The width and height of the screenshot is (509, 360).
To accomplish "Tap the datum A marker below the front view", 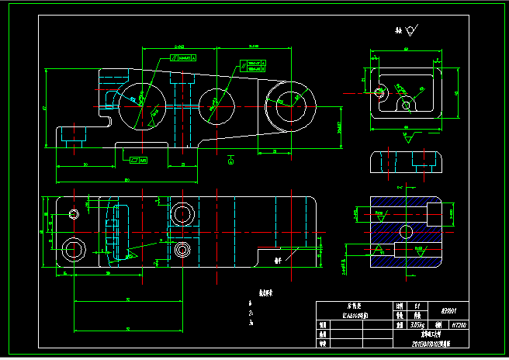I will pos(230,161).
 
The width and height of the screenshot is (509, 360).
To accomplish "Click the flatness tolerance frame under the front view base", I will pos(140,161).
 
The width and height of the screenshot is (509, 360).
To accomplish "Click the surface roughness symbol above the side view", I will pos(409,31).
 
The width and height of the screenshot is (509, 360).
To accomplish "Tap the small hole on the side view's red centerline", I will pos(379,93).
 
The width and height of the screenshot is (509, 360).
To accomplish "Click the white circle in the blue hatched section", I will pos(404,230).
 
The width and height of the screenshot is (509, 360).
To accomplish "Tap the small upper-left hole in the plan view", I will pos(74,213).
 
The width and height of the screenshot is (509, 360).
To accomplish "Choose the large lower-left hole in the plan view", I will pos(75,248).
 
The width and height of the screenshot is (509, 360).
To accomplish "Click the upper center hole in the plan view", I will pos(182,213).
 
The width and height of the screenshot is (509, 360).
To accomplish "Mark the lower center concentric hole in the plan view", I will pos(183,249).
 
